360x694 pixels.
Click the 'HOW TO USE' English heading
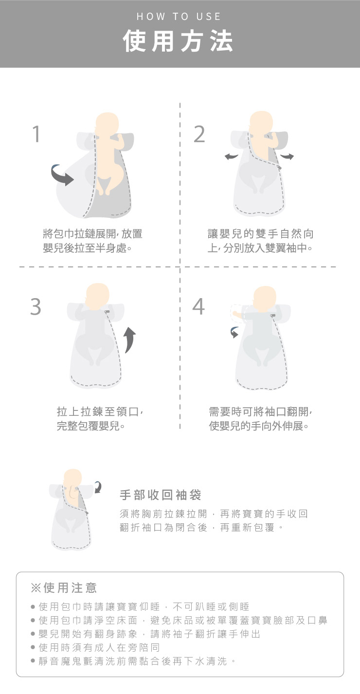point(179,17)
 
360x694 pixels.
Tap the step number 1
point(36,134)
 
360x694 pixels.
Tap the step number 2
point(199,134)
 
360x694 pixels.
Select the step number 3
point(36,306)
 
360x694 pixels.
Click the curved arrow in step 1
point(62,176)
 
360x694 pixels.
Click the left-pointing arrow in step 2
point(231,157)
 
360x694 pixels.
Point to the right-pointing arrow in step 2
point(287,156)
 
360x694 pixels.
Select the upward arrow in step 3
point(130,340)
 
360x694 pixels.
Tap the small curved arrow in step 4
point(234,332)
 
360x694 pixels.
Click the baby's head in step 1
point(107,123)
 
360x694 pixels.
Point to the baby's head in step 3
point(97,294)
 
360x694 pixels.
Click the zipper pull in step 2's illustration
point(279,167)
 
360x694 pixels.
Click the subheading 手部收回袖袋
point(161,495)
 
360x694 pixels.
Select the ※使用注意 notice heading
point(64,587)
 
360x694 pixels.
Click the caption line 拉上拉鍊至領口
point(100,412)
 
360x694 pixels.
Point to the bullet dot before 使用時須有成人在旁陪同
point(33,647)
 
